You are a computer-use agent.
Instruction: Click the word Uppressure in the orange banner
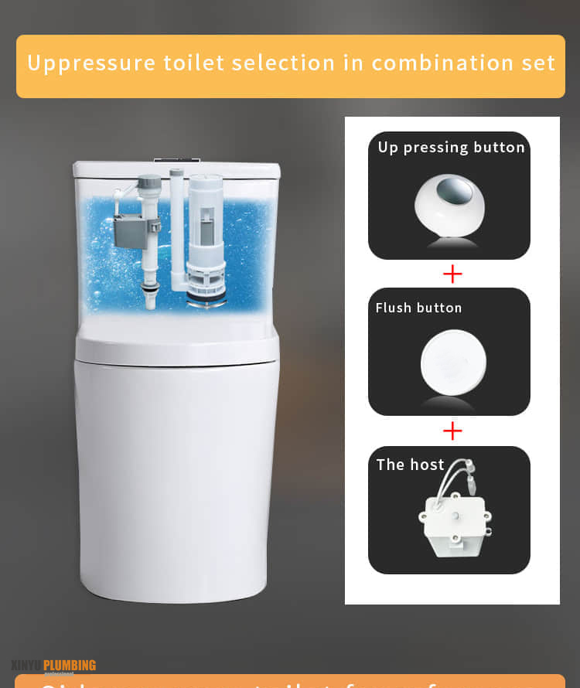pos(80,63)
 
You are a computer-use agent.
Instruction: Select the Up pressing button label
pos(451,148)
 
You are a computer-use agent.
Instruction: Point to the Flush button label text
pos(418,308)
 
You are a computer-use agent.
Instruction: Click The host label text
pos(410,465)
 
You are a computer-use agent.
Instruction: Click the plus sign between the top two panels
pos(452,274)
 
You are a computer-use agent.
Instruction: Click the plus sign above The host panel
pos(452,431)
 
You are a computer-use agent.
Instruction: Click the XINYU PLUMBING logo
pos(54,666)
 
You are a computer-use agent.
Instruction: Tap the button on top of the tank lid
pos(176,161)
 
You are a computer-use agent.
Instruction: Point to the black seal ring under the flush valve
pos(206,295)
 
